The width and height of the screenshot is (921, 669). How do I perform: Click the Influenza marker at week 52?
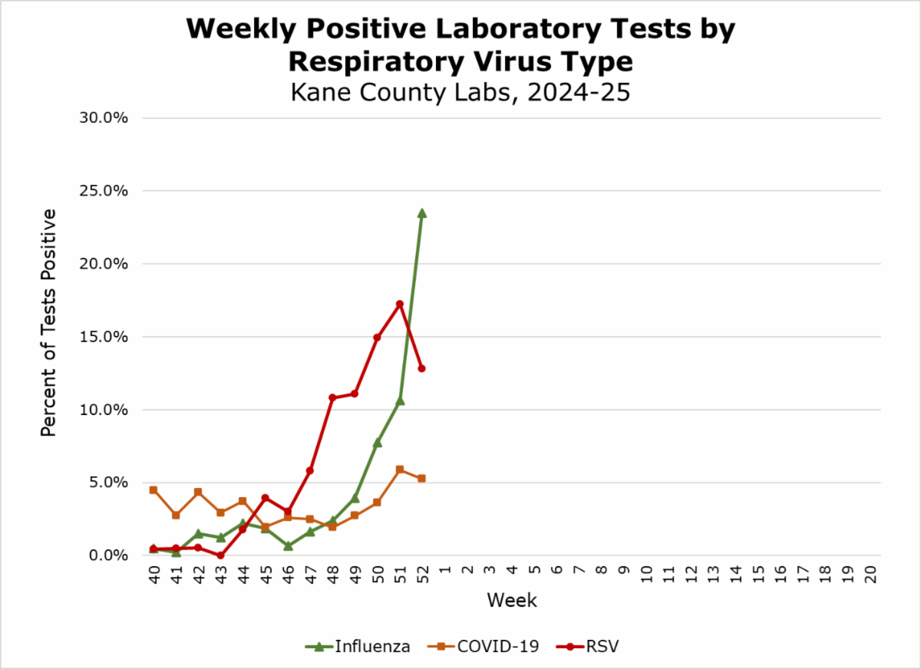[421, 213]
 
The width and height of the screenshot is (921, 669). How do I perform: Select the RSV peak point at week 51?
[399, 304]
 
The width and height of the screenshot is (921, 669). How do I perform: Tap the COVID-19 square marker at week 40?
[153, 489]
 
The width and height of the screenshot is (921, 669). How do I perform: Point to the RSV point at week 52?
[421, 368]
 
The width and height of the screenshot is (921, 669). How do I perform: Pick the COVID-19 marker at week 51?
[399, 470]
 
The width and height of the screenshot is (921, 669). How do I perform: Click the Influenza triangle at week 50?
[377, 442]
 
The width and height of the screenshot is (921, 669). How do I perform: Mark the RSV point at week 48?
[332, 398]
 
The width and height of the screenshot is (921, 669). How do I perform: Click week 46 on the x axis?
[288, 575]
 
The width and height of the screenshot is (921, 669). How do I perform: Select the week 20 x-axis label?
[870, 575]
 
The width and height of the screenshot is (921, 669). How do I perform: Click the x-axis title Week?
[512, 600]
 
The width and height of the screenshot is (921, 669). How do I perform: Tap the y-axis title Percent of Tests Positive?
[49, 322]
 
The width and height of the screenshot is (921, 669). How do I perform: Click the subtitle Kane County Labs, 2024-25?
[460, 92]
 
